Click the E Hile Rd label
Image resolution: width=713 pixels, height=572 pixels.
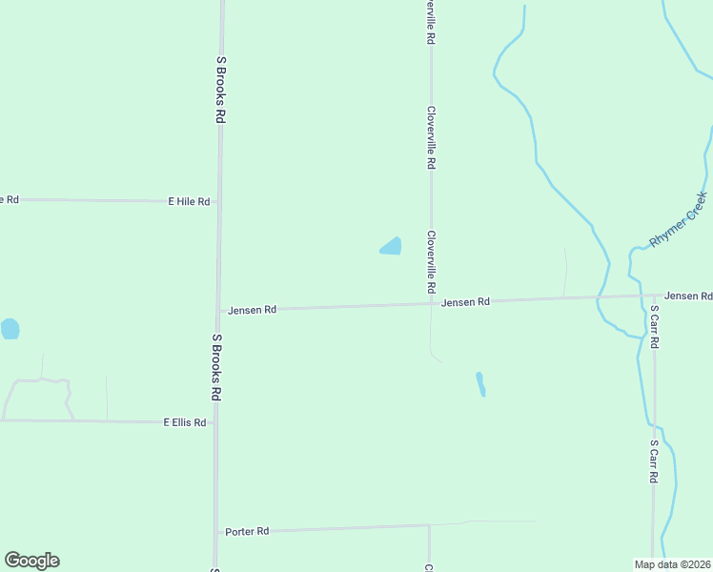coord(189,202)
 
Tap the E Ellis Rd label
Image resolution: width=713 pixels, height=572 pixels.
coord(185,421)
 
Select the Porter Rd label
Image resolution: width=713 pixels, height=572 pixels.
coord(247,531)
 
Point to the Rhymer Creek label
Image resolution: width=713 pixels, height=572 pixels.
coord(678,220)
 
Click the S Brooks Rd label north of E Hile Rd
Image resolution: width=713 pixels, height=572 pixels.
coord(220,89)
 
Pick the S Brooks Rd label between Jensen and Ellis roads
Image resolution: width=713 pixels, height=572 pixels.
coord(217,367)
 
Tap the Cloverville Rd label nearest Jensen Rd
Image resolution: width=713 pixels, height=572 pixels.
coord(431,261)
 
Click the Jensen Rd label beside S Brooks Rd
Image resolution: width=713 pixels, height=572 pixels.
coord(252,310)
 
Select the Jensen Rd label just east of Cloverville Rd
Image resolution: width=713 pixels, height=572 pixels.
coord(466,302)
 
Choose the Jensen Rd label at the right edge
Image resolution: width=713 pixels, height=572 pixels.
coord(688,296)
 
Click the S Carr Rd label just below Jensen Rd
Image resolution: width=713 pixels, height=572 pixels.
coord(655,327)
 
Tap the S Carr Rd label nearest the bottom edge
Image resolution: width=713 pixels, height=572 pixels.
coord(655,461)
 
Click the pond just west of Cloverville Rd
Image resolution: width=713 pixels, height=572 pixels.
coord(391,246)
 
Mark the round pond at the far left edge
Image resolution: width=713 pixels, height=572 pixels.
coord(10,329)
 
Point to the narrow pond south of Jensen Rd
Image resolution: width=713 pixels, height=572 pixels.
coord(480,383)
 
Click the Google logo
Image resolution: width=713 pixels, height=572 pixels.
coord(31,561)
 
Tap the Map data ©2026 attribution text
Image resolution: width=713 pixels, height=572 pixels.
coord(673,564)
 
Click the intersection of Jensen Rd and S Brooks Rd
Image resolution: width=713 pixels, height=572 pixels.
coord(218,310)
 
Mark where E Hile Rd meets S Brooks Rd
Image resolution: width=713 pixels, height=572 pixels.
coord(219,202)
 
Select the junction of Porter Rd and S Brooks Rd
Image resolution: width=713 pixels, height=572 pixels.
coord(216,531)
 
